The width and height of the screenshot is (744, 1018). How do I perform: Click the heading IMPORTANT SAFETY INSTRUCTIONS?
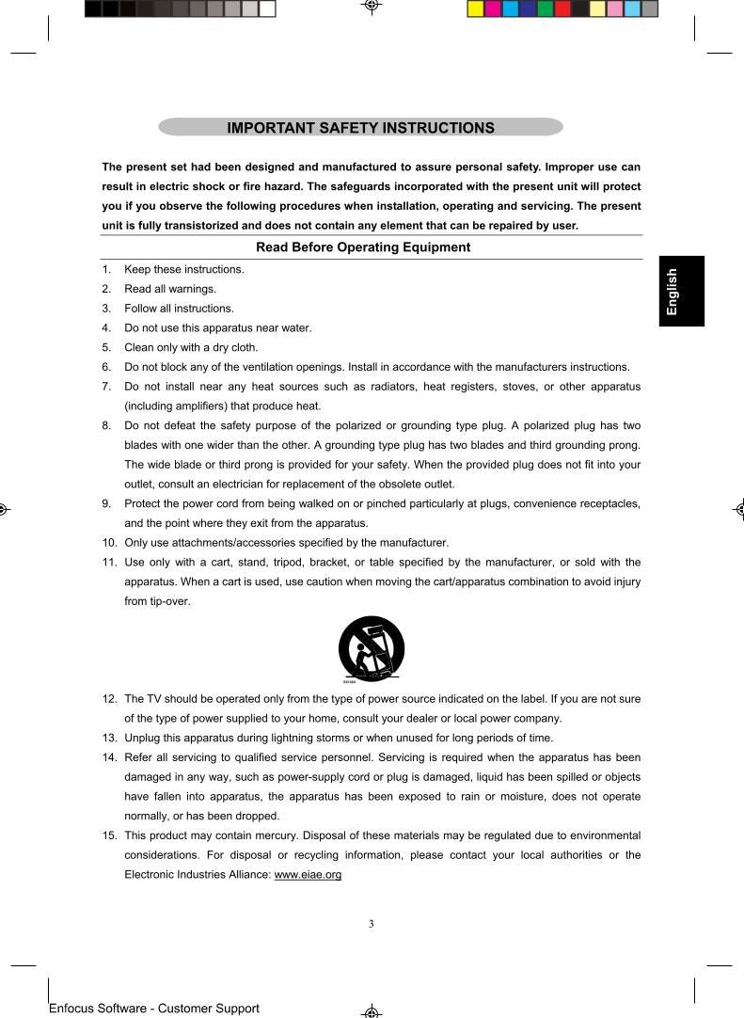[x=360, y=128]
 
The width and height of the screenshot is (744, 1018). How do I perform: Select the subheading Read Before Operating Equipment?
[x=363, y=247]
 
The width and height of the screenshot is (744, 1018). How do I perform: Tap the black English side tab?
[x=682, y=291]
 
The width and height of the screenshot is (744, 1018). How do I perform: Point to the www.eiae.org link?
[x=307, y=875]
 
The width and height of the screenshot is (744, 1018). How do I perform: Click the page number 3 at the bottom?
[x=372, y=924]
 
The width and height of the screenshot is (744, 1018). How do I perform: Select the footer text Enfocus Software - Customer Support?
[x=153, y=1009]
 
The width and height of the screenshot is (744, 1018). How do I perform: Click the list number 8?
[x=107, y=425]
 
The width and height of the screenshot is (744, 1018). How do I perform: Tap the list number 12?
[x=109, y=699]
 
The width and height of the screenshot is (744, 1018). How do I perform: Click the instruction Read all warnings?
[x=170, y=289]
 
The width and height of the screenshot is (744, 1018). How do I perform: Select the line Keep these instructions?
[x=184, y=269]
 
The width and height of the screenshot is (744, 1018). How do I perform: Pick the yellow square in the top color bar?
[x=476, y=9]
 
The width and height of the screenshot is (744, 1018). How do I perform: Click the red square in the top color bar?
[x=562, y=9]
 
